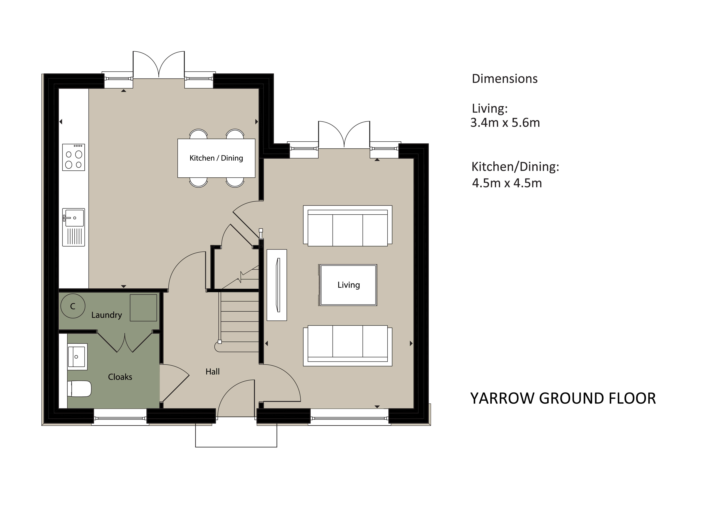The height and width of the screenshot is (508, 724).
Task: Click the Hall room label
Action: pyautogui.click(x=212, y=372)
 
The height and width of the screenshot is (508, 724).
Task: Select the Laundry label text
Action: pyautogui.click(x=107, y=315)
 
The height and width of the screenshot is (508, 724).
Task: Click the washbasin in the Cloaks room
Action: pyautogui.click(x=77, y=357)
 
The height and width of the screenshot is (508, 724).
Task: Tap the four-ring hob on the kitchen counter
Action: pyautogui.click(x=73, y=157)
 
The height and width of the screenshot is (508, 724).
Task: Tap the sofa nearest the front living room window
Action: pyautogui.click(x=347, y=346)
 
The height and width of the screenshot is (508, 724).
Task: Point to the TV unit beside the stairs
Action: pyautogui.click(x=277, y=285)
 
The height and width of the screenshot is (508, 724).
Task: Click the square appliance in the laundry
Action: pyautogui.click(x=144, y=308)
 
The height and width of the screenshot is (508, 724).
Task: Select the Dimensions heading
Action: pyautogui.click(x=505, y=79)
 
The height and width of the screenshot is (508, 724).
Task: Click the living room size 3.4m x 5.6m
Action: pyautogui.click(x=505, y=123)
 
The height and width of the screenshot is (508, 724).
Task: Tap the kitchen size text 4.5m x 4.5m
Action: pyautogui.click(x=507, y=183)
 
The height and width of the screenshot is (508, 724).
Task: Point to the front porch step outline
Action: pyautogui.click(x=236, y=447)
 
